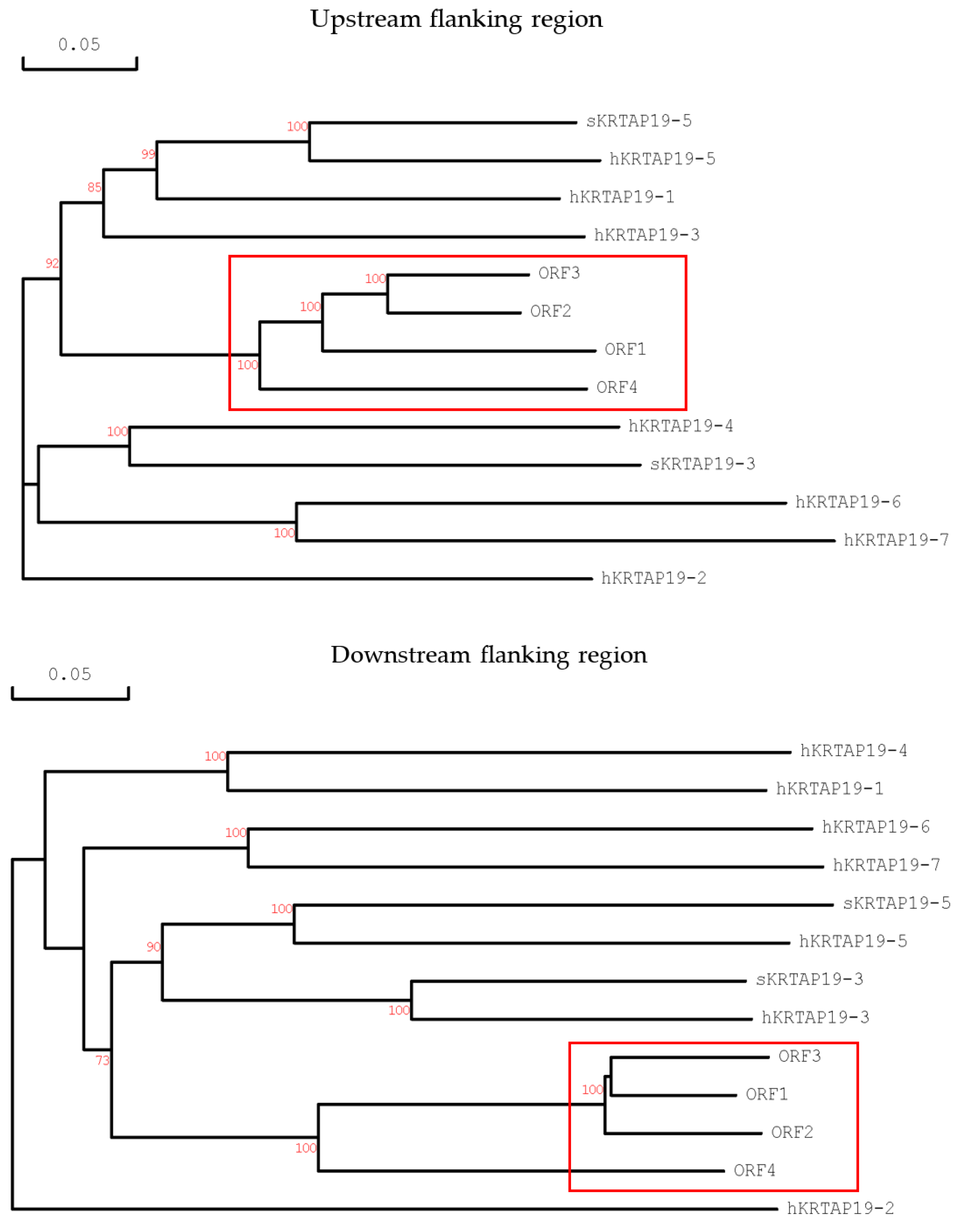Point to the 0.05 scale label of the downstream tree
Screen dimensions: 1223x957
coord(69,674)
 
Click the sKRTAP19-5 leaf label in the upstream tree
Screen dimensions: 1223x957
coord(639,121)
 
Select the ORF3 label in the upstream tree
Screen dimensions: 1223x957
coord(559,273)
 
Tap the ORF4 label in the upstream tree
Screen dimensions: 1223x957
coord(616,388)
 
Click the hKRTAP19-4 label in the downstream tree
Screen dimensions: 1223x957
coord(853,750)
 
